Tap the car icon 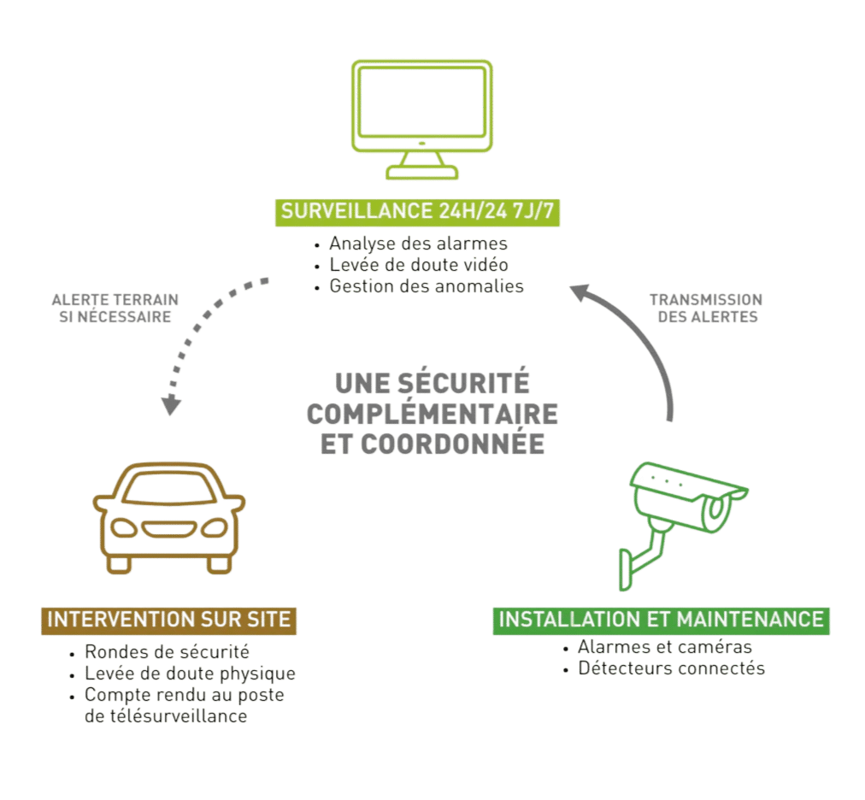point(169,518)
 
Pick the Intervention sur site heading point(169,619)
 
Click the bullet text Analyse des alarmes point(417,244)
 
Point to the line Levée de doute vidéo point(419,265)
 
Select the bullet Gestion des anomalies point(426,286)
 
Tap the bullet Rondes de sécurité point(167,652)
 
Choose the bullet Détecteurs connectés point(671,668)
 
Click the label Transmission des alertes point(705,308)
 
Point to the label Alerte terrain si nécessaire point(115,308)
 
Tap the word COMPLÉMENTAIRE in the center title point(432,414)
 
